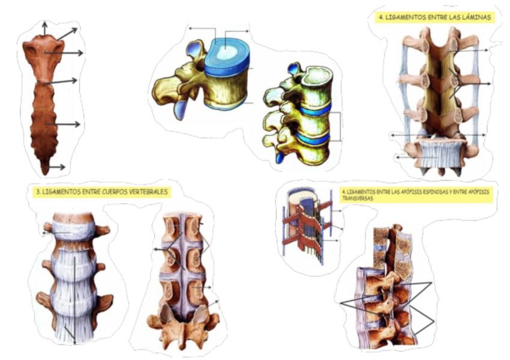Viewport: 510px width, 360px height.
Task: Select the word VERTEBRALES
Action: [148, 192]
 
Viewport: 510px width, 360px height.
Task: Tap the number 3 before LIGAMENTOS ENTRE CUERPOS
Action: [38, 192]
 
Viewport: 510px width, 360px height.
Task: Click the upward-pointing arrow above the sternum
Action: [44, 28]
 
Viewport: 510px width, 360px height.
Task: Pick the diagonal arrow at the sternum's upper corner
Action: [67, 33]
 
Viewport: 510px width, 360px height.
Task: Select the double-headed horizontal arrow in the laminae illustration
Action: [437, 135]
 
